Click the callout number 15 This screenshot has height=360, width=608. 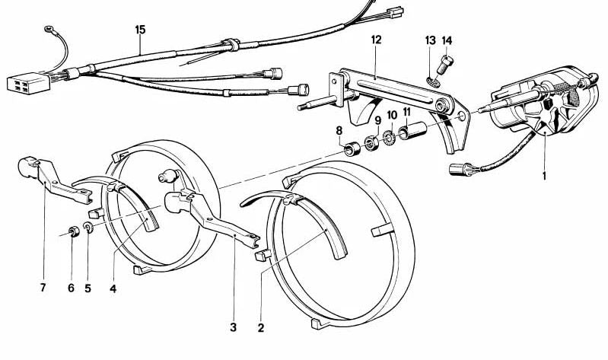tap(140, 30)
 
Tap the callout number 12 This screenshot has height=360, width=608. tap(376, 40)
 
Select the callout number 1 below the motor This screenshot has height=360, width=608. tap(544, 177)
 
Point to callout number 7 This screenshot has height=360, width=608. tap(43, 288)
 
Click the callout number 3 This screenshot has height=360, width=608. tap(233, 327)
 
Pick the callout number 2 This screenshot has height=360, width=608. tap(261, 328)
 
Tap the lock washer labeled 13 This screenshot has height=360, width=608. tap(431, 81)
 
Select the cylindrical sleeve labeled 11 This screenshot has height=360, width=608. tap(413, 132)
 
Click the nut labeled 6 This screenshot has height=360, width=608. tap(74, 231)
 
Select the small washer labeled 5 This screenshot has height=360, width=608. tap(88, 228)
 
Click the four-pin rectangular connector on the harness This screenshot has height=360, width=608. tap(28, 83)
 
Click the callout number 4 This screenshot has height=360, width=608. tap(113, 288)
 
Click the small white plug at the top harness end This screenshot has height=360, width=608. tap(396, 11)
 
